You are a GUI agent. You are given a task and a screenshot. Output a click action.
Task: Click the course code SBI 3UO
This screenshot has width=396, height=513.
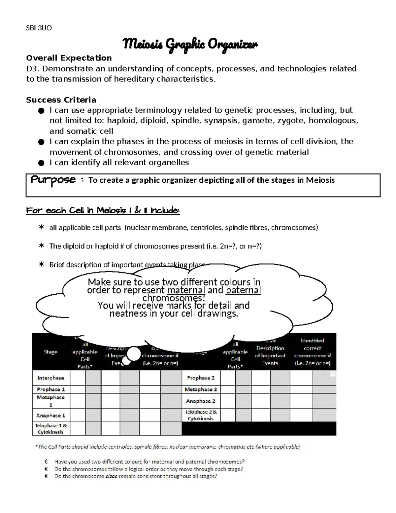39,28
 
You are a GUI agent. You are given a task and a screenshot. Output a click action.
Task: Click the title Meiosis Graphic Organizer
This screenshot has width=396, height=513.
190,44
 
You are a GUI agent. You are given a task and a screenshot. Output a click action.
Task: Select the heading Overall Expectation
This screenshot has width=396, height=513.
69,58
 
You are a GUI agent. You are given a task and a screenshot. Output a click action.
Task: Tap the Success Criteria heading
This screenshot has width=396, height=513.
61,100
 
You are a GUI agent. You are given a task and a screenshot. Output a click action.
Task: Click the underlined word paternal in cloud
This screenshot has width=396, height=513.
244,290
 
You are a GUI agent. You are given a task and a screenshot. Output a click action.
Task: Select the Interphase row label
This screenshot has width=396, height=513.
50,378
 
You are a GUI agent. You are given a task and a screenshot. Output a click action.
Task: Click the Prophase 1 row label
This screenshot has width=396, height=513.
51,389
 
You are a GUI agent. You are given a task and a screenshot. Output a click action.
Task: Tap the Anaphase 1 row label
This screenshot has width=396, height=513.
50,416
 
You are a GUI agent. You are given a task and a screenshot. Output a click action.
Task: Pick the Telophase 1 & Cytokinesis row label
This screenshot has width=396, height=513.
51,429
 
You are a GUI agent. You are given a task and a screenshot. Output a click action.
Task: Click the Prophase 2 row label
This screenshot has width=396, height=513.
201,378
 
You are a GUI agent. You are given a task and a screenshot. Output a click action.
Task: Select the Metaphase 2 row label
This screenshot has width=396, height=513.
201,389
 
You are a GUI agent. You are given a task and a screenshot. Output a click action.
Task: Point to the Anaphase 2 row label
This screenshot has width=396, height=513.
201,401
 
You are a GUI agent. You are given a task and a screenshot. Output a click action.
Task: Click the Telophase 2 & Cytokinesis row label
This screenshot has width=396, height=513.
201,415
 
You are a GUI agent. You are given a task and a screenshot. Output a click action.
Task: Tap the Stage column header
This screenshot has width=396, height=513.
50,352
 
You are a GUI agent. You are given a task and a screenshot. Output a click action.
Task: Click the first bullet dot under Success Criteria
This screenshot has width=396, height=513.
41,111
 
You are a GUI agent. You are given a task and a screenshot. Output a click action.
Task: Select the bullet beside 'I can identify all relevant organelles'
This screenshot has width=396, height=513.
41,163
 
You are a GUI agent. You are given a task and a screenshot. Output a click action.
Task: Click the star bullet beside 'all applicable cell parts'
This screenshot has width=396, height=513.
41,227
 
